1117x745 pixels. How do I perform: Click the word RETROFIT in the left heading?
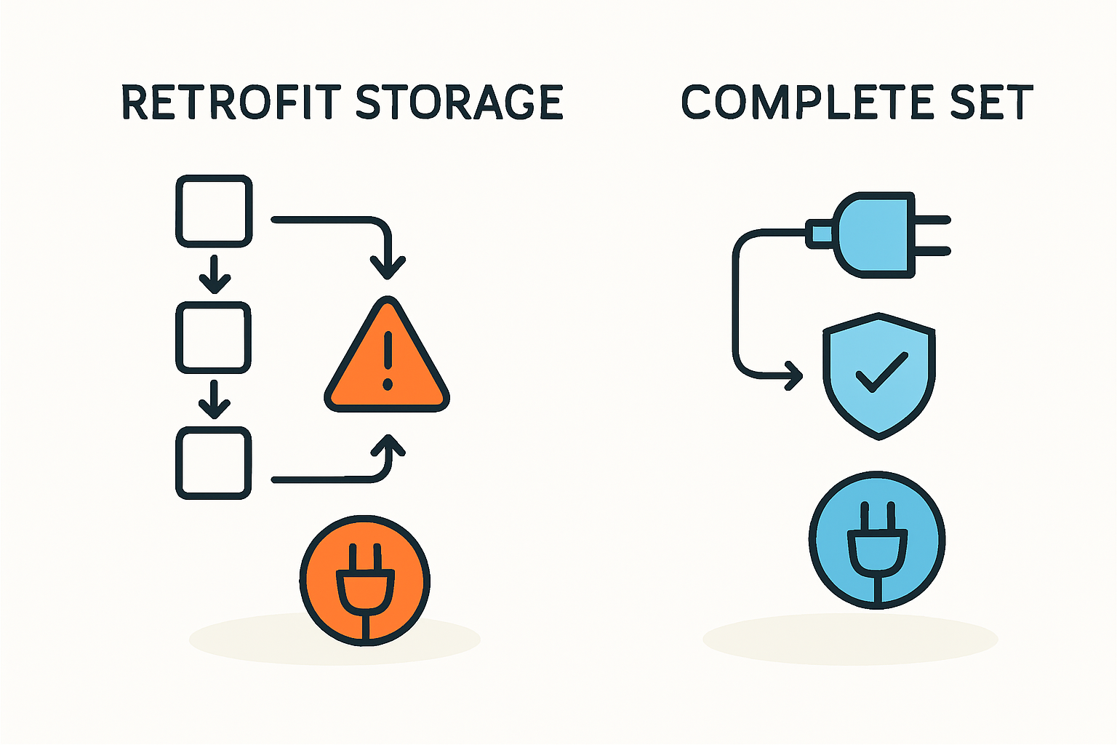click(231, 102)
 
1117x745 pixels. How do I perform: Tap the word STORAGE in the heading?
click(460, 102)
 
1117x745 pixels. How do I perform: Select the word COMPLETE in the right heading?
click(799, 102)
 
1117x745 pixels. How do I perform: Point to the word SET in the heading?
click(992, 102)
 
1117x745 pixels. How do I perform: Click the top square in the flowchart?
click(214, 211)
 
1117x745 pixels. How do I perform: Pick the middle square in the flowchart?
click(214, 338)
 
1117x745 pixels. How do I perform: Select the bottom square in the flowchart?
click(214, 463)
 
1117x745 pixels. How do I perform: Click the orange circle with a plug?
click(365, 581)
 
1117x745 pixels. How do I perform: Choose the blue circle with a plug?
click(877, 540)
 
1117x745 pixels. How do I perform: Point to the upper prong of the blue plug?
click(932, 219)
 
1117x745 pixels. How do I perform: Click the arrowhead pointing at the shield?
click(794, 377)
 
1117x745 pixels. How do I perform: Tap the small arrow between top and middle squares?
click(214, 277)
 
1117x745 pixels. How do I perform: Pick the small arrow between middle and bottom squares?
click(214, 403)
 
